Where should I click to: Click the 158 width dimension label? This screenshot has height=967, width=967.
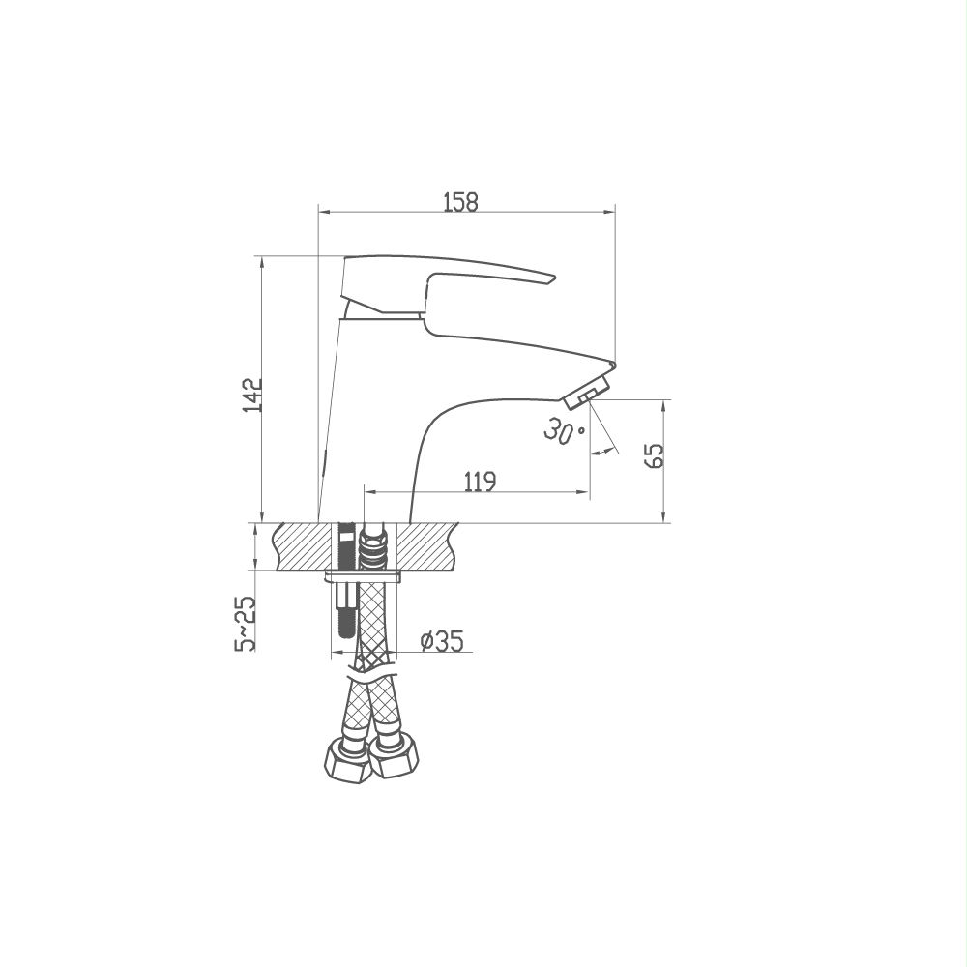(x=461, y=202)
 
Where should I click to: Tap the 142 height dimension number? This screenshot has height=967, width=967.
(x=252, y=396)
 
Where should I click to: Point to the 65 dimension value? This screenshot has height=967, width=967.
(x=656, y=455)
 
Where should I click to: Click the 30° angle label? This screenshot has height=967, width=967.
(x=562, y=430)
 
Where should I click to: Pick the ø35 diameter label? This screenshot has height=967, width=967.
(x=442, y=641)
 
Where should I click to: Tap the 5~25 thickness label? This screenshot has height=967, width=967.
(x=245, y=623)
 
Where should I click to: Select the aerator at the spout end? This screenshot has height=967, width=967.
(x=587, y=393)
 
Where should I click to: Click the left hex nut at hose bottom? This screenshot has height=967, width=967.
(x=347, y=762)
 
